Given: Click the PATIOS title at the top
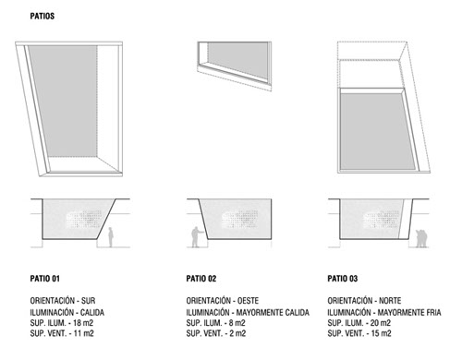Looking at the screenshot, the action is tap(43, 16).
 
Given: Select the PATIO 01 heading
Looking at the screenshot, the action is tap(45, 279).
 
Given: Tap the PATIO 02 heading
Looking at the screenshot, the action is tap(201, 279).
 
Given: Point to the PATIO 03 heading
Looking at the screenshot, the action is tap(343, 279).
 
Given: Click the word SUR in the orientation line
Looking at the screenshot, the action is tap(88, 300).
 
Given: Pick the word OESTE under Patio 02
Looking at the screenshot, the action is tap(248, 300).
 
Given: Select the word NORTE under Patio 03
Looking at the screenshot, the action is tap(390, 300).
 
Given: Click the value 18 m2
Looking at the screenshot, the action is tap(83, 323).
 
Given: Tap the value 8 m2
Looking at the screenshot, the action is tap(237, 323).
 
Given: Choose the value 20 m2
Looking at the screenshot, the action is tap(381, 323).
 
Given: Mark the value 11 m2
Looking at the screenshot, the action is tap(84, 333).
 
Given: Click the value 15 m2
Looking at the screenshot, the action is tap(382, 333).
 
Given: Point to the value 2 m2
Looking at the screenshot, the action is tap(237, 333).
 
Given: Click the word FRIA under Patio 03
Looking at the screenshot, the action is tap(433, 312).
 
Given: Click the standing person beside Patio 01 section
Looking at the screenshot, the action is tap(111, 237).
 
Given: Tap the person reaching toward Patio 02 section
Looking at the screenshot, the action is tap(197, 237).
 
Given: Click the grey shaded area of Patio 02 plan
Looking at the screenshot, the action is tap(237, 58).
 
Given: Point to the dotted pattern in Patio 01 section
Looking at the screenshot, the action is tap(84, 219).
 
